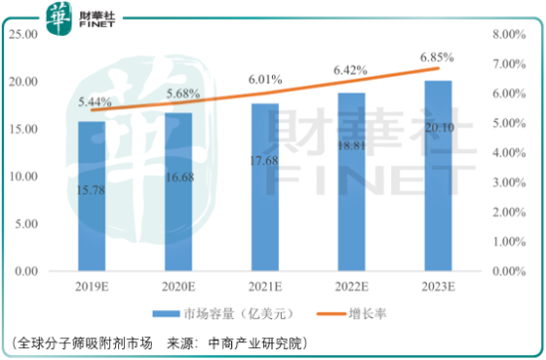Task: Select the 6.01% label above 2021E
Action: [263, 80]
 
